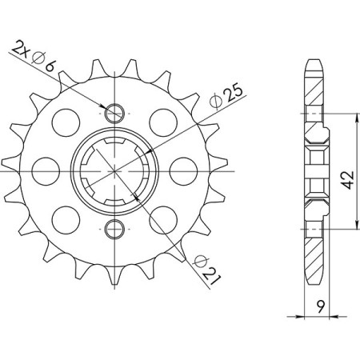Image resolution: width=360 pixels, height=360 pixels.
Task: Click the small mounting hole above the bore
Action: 117,112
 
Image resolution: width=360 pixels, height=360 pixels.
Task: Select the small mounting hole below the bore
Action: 117,229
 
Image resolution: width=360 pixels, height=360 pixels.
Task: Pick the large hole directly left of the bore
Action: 48,170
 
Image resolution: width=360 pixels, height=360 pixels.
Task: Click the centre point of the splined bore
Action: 117,170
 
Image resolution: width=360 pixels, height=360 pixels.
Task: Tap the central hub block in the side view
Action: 314,170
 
